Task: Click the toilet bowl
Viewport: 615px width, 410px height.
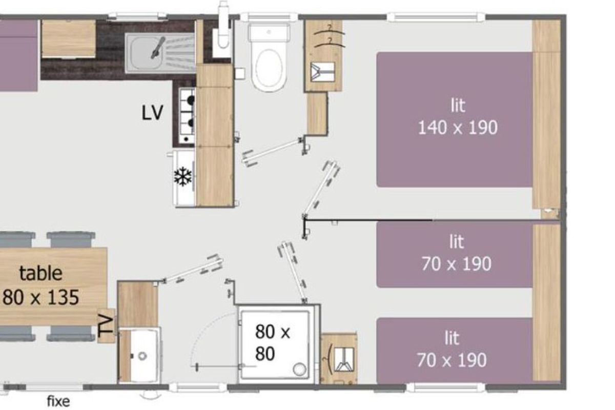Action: pos(269,69)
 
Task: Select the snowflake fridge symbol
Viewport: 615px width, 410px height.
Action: pos(182,176)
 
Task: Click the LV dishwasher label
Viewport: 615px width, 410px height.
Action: pos(152,112)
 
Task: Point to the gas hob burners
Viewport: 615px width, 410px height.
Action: pos(187,115)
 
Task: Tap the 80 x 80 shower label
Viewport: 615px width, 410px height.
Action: pos(272,343)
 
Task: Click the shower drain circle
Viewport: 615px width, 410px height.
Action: pos(299,369)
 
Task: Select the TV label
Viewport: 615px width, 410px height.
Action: pos(106,326)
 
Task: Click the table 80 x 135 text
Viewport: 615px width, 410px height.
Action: pos(41,285)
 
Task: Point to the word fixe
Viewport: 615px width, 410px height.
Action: pos(58,401)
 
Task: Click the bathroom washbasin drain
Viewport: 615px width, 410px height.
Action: pos(142,356)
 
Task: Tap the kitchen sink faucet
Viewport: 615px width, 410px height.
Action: pos(158,48)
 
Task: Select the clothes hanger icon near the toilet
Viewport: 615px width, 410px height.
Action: pos(322,72)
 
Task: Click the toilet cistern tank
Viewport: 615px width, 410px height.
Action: pos(269,33)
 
